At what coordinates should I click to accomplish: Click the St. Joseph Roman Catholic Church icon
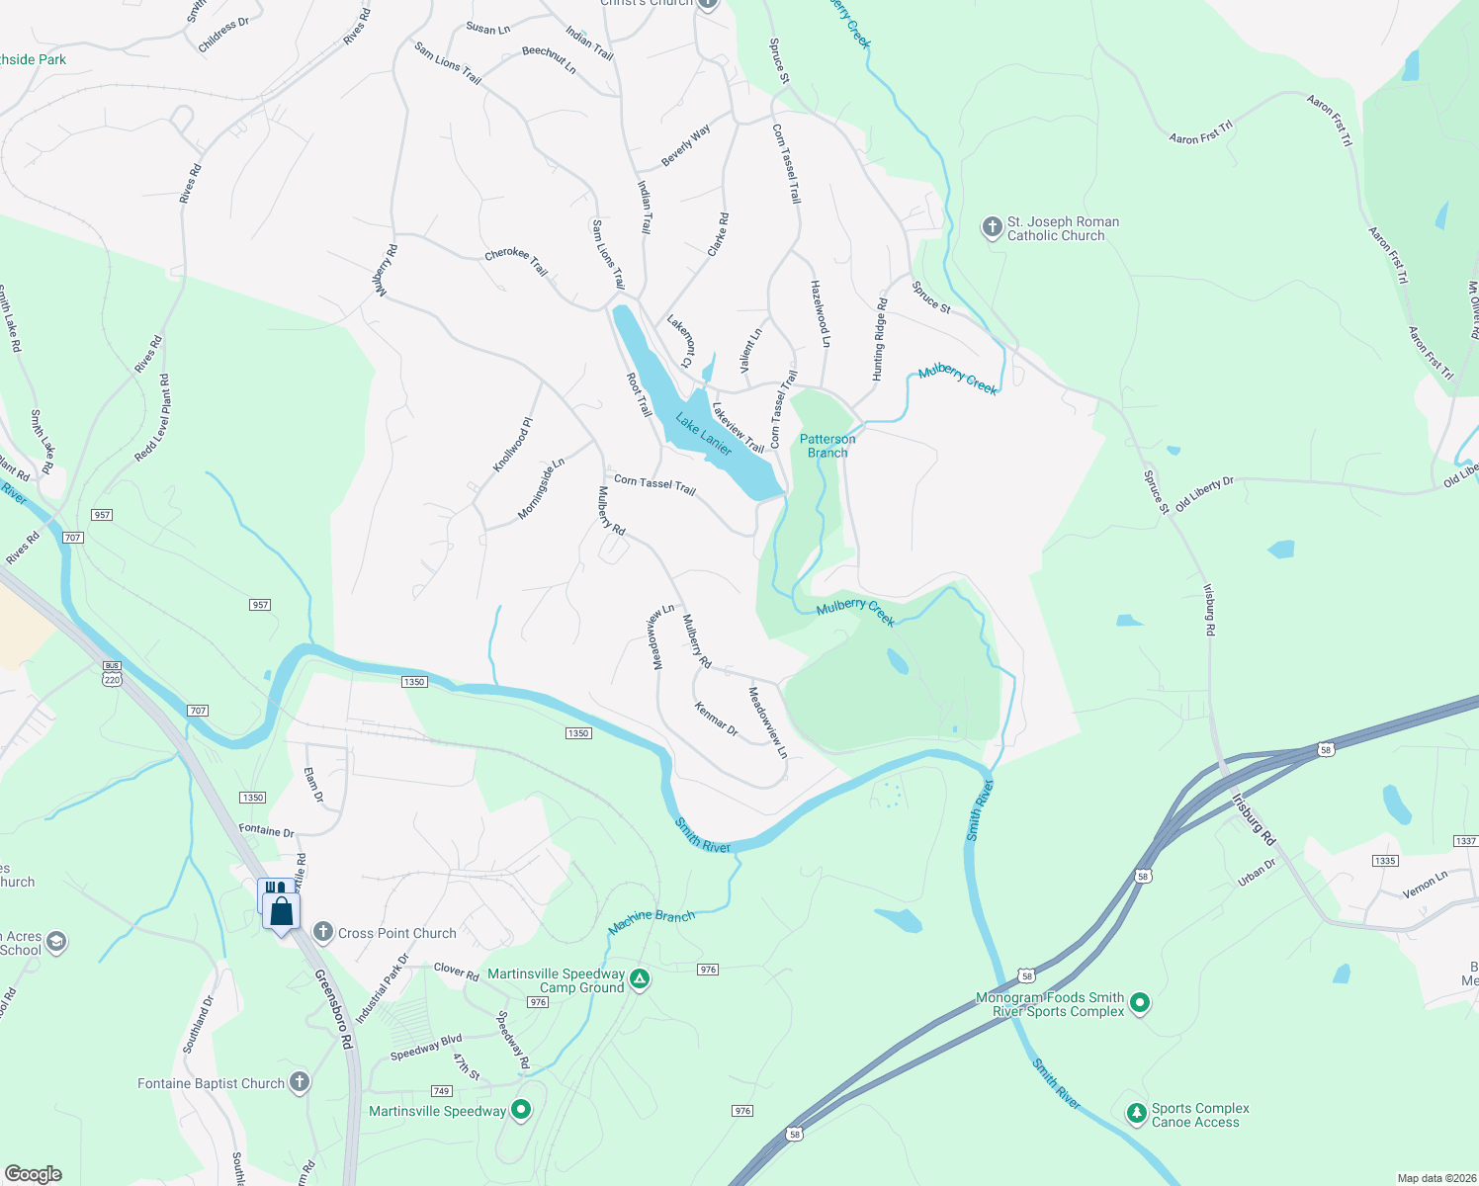992,228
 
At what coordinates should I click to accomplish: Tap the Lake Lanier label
704,435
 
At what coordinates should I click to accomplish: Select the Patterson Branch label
827,446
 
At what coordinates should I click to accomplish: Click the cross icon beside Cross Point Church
322,932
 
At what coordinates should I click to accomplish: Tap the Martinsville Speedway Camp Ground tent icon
640,979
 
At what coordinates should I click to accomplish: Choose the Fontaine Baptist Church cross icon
299,1082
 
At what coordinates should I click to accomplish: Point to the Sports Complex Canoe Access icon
1137,1114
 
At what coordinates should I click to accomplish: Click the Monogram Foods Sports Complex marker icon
1140,1004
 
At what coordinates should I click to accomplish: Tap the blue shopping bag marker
281,910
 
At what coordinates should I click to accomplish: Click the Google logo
33,1174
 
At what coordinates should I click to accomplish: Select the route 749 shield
441,1091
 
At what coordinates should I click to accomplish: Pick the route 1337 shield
1465,841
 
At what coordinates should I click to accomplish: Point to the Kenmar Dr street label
716,719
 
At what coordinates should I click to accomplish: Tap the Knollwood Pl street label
512,445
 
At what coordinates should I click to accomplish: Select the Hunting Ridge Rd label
879,339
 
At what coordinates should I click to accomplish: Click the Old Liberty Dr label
1204,494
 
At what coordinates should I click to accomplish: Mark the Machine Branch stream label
652,921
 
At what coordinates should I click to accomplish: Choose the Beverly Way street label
685,146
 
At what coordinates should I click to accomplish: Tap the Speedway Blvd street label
426,1048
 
